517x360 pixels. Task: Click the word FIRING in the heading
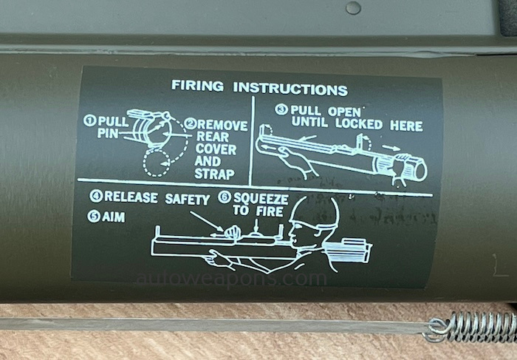[197, 86]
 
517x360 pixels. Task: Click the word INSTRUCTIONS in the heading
[290, 89]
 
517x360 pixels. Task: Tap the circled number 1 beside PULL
[89, 120]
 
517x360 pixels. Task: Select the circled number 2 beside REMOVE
[191, 123]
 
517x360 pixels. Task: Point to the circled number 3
[281, 109]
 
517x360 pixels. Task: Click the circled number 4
[96, 196]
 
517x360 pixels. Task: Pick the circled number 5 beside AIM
[94, 217]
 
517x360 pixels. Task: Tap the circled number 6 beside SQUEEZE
[225, 197]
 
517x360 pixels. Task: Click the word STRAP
[214, 174]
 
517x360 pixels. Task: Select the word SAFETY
[187, 199]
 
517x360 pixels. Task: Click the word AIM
[114, 217]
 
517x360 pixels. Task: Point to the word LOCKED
[359, 124]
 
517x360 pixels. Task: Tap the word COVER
[216, 149]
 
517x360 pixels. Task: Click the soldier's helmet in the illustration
[314, 212]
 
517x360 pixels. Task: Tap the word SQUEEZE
[261, 199]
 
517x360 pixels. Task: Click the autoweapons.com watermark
[231, 279]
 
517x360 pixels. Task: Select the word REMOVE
[222, 126]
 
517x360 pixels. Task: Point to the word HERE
[406, 126]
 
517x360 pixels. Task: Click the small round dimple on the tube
[353, 8]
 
